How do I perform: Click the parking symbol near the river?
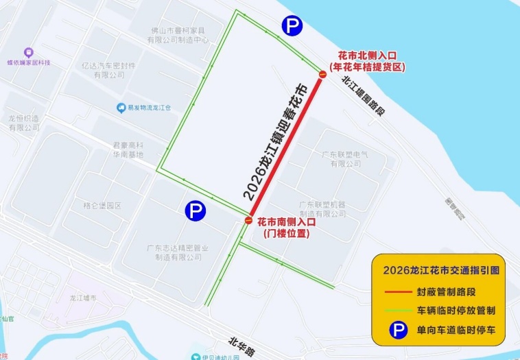click(x=292, y=27)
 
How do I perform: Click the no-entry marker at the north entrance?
click(x=322, y=74)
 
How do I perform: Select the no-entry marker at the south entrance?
click(x=248, y=221)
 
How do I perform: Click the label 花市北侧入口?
click(x=368, y=54)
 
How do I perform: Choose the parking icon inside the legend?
click(x=397, y=331)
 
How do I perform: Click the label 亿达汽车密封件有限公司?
click(x=108, y=70)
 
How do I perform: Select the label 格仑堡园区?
click(x=102, y=206)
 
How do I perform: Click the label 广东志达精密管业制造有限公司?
click(x=178, y=252)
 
